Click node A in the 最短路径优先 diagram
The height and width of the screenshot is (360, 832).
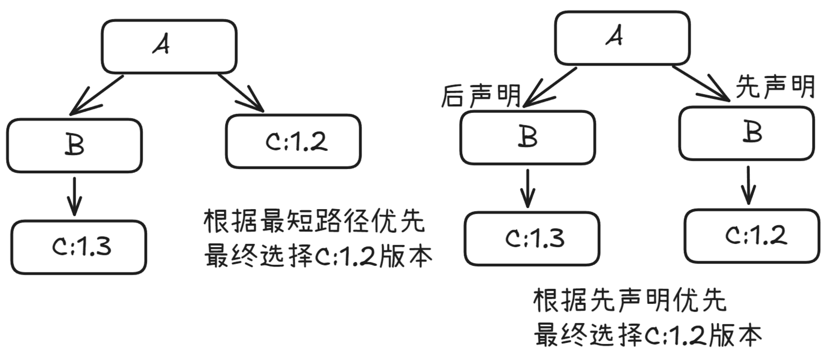coord(168,46)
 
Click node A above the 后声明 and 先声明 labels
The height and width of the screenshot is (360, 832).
coord(622,38)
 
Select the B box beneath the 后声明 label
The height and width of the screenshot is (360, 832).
coord(527,137)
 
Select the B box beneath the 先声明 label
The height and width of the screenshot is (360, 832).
coord(746,133)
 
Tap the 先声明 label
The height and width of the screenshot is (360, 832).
coord(775,86)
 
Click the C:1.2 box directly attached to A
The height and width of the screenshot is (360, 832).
coord(293,142)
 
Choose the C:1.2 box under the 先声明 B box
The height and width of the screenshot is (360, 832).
coord(751,236)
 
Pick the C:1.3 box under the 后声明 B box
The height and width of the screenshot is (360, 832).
coord(531,238)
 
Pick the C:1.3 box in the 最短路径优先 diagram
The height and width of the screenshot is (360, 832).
coord(79,247)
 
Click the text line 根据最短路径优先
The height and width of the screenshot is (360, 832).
coord(314,221)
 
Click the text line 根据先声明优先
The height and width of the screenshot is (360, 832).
coord(629,300)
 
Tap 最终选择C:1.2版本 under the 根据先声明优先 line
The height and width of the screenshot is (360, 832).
coord(648,335)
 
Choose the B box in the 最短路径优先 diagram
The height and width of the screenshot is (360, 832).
coord(74,145)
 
